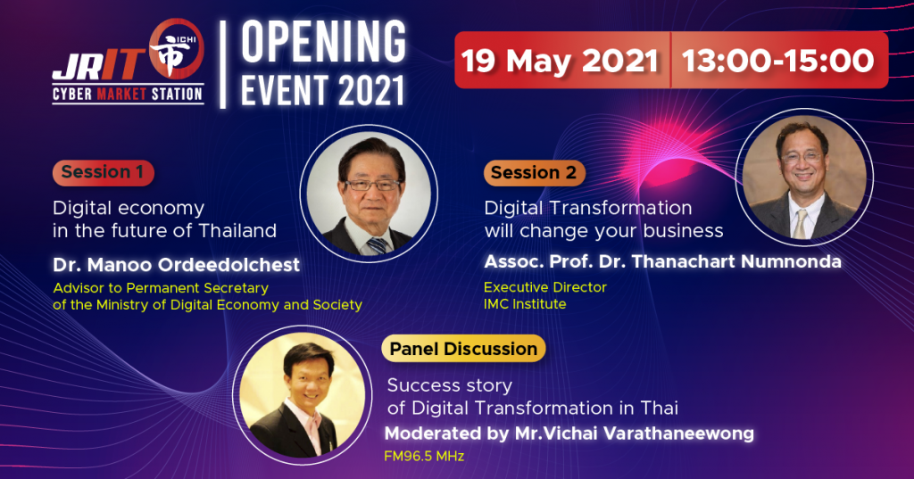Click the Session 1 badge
(x=104, y=172)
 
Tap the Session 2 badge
(x=534, y=173)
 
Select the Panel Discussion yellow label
(x=463, y=349)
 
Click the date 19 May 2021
(x=560, y=61)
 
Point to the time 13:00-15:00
(x=778, y=61)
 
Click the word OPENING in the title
(x=323, y=41)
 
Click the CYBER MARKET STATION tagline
(x=128, y=94)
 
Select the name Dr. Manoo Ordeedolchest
(x=176, y=265)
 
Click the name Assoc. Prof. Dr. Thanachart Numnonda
(x=663, y=261)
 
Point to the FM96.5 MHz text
(x=424, y=457)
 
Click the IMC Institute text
(x=525, y=304)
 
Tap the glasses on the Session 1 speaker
(x=372, y=186)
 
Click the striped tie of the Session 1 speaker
(x=377, y=244)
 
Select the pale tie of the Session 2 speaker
(x=801, y=224)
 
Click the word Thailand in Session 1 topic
(x=237, y=231)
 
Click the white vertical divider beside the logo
(x=222, y=64)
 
